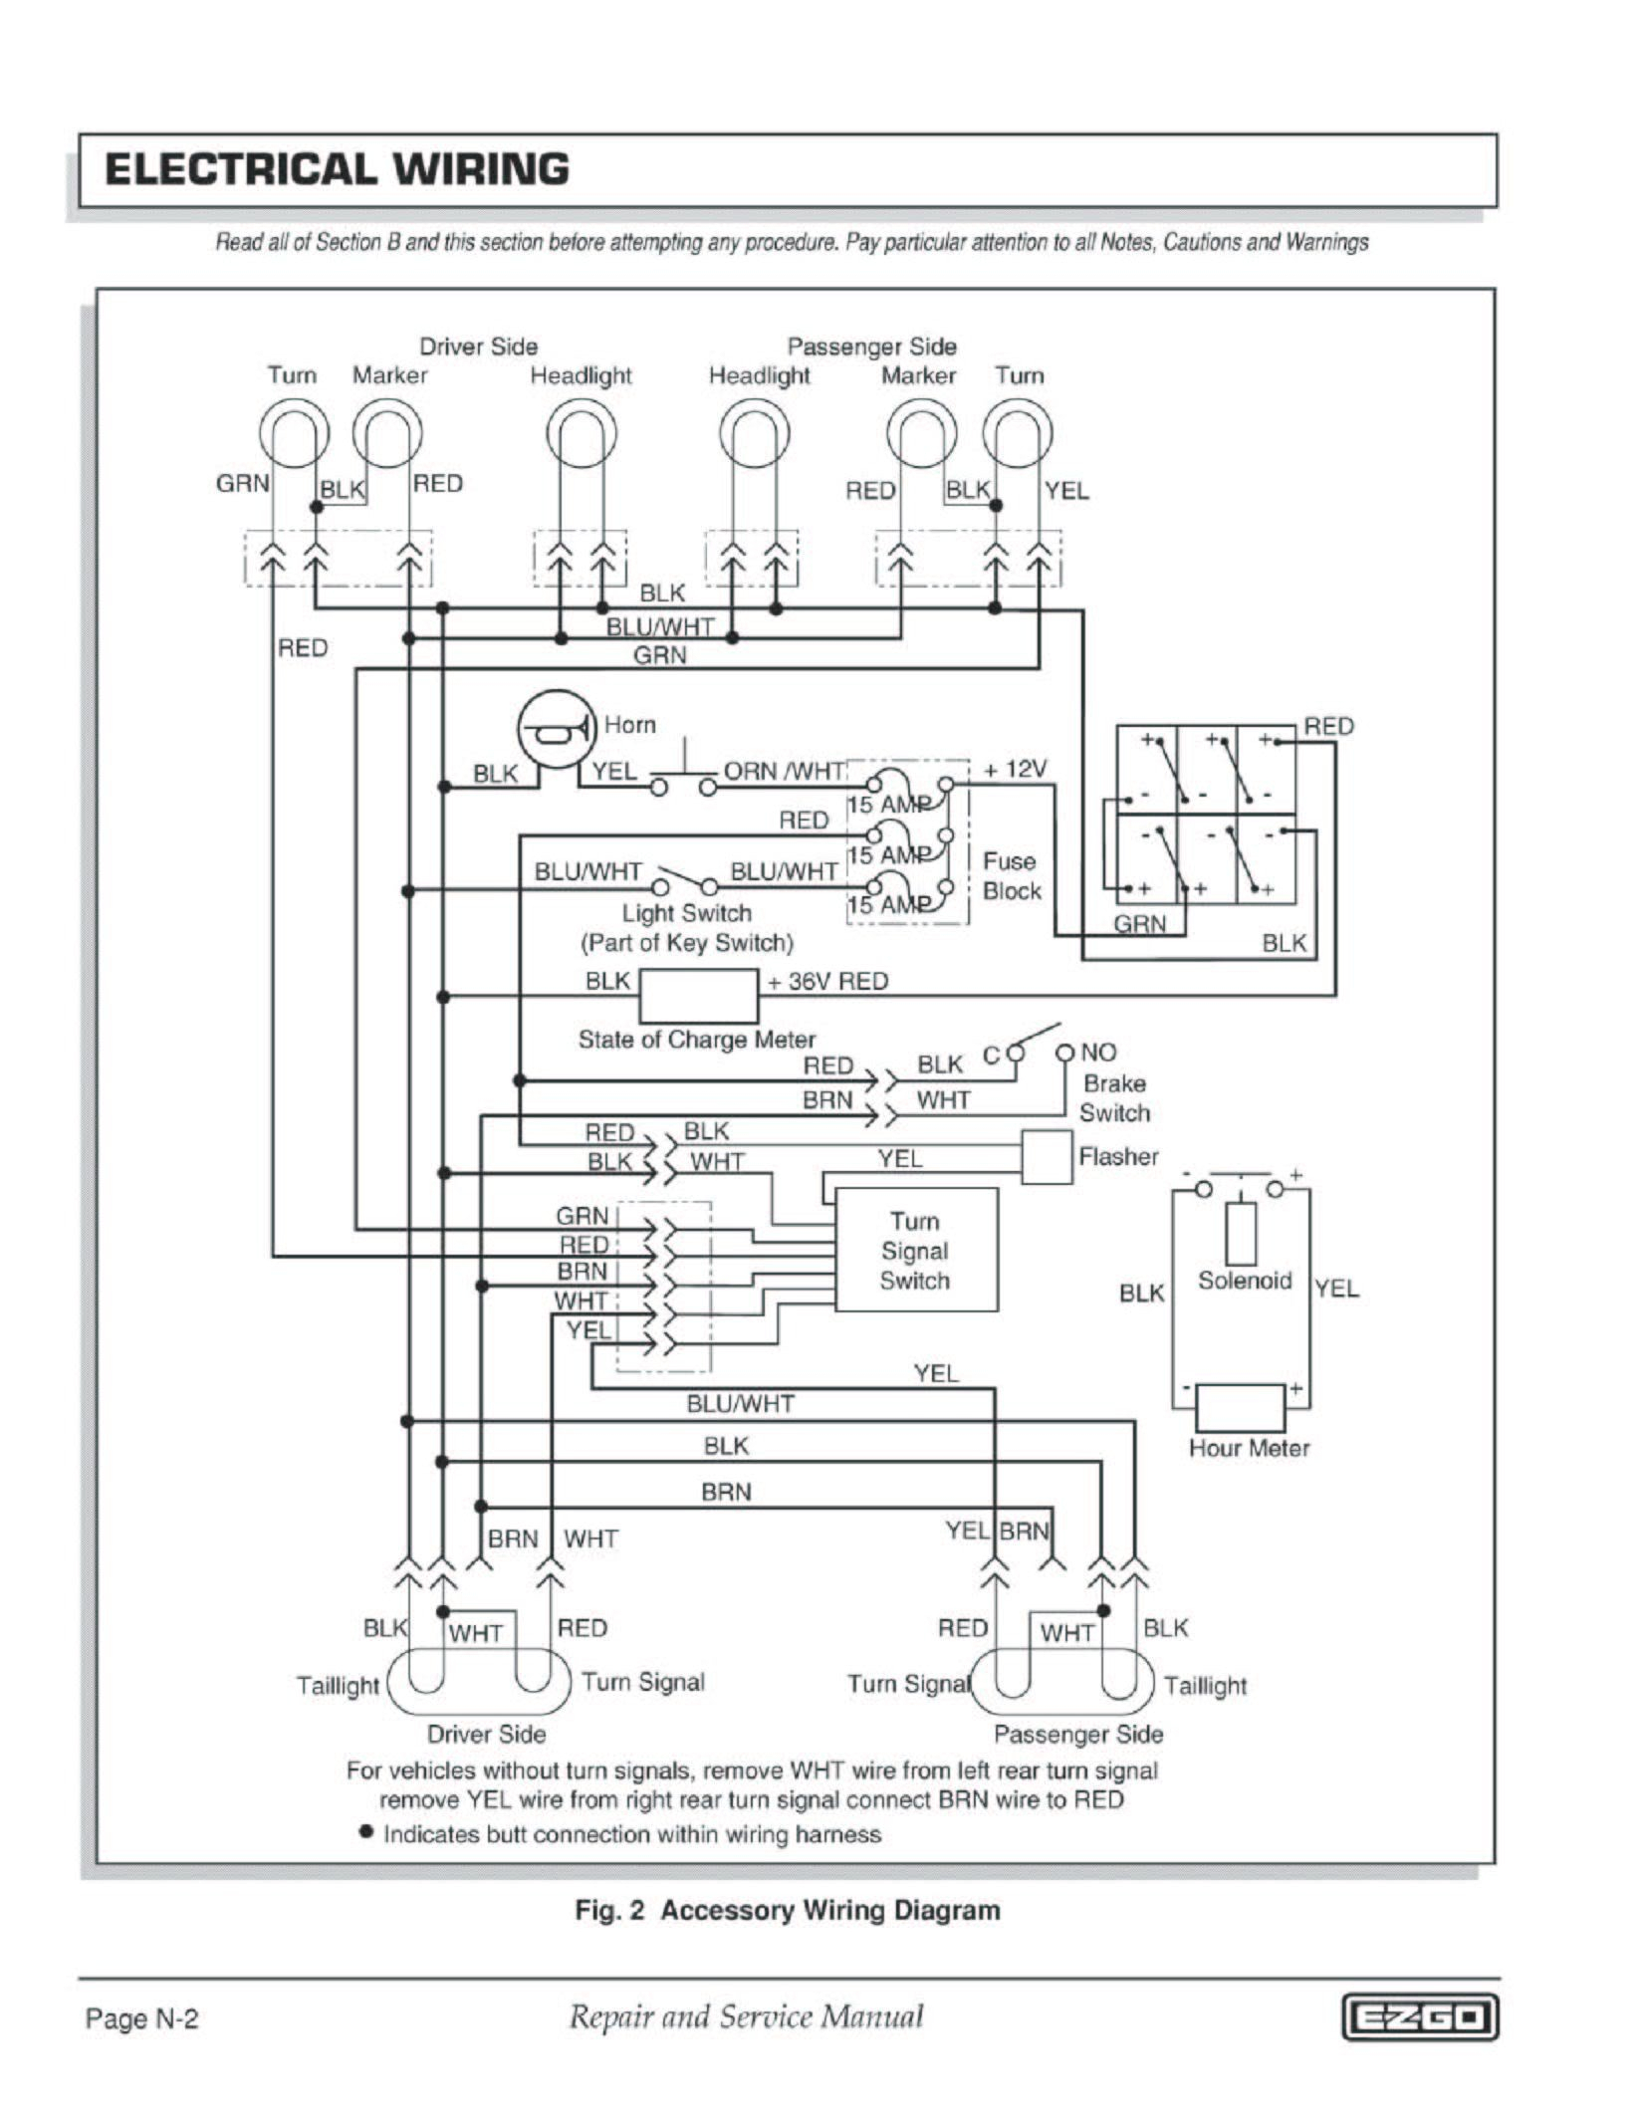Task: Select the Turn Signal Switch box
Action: pos(915,1250)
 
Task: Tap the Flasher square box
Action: pos(1047,1157)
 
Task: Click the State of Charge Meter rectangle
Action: pos(697,995)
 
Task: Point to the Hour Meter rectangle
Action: pos(1240,1407)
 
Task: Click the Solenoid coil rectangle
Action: pos(1241,1234)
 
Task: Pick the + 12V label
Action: pos(1015,769)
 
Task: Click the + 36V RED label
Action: pos(826,981)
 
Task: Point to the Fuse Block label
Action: pos(1011,875)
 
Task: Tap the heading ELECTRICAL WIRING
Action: pos(337,169)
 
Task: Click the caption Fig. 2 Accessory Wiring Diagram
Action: pos(788,1910)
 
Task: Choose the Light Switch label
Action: pos(686,913)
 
